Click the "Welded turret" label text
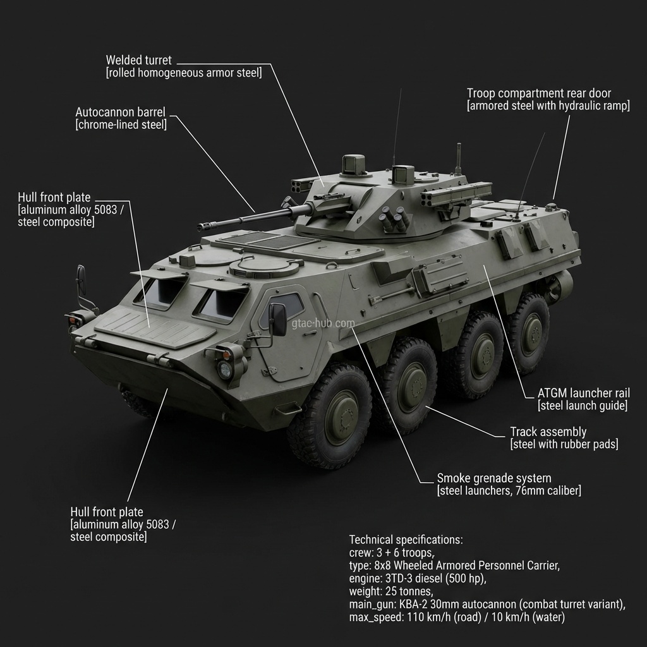point(138,61)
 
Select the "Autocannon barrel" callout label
point(120,112)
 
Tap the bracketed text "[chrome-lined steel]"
point(121,124)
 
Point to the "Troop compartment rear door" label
point(539,94)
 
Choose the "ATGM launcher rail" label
point(583,393)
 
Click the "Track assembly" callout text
point(548,432)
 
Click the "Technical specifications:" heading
point(406,540)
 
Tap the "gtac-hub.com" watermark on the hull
point(323,323)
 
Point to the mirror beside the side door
point(278,319)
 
